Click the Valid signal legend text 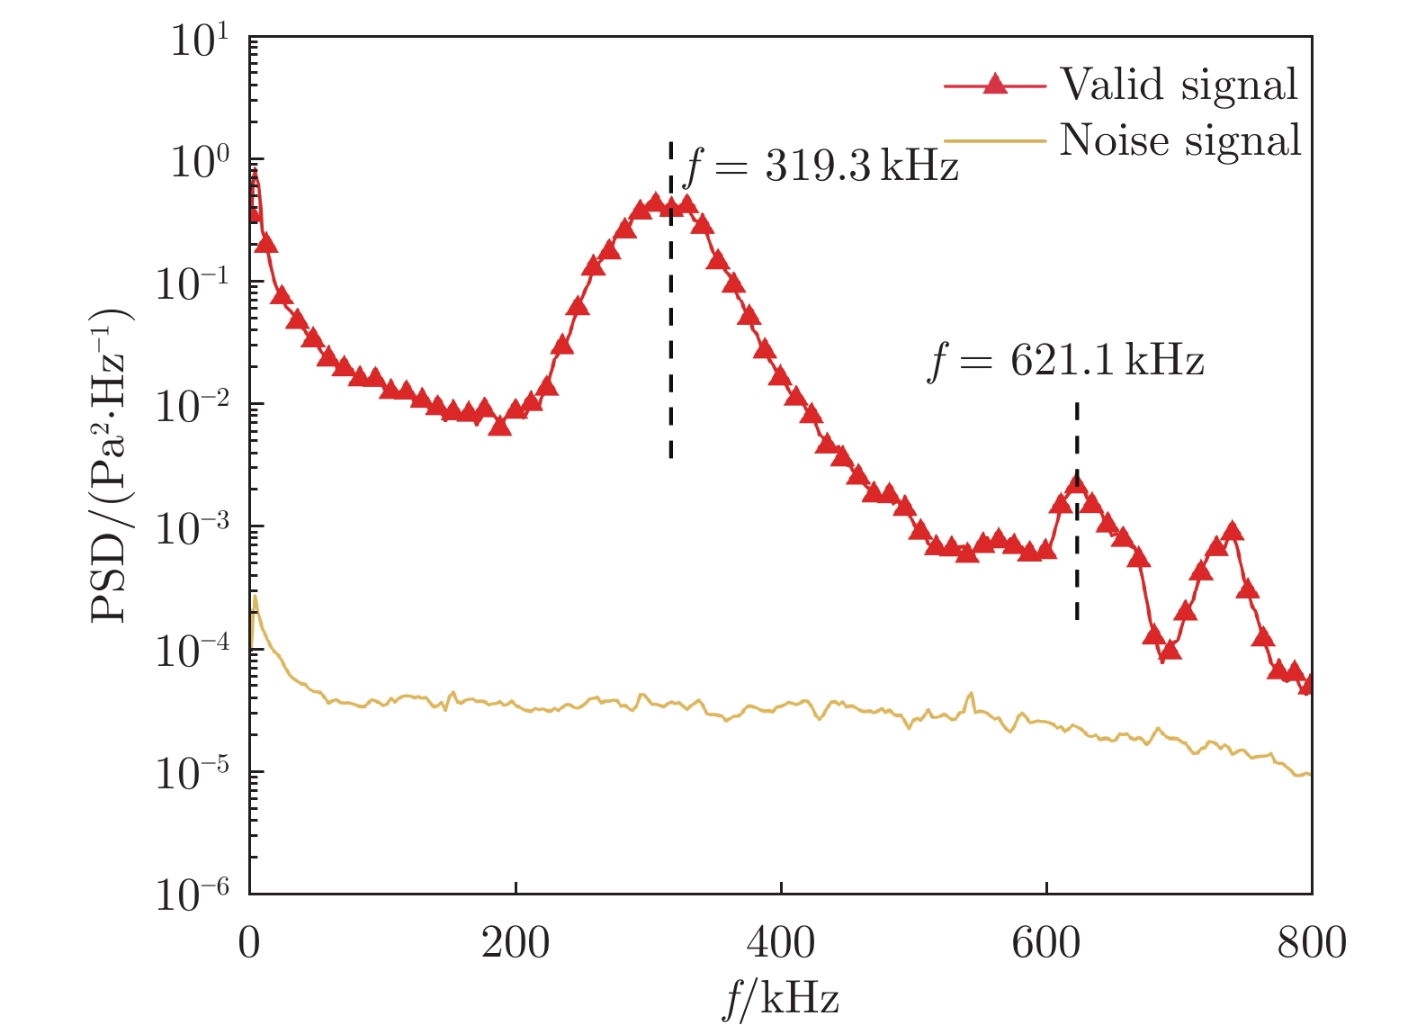[x=1179, y=85]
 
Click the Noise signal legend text [x=1180, y=141]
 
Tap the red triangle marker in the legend [x=994, y=85]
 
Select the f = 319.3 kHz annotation [x=821, y=166]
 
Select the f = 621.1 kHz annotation [x=1065, y=361]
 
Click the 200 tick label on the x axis [x=515, y=943]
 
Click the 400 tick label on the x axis [x=780, y=943]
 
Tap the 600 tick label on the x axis [x=1045, y=943]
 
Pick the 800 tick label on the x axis [x=1311, y=943]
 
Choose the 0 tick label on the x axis [x=249, y=943]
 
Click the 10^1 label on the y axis [x=200, y=40]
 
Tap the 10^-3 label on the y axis [x=192, y=528]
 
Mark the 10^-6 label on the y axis [x=192, y=894]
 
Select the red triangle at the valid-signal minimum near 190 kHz [x=500, y=426]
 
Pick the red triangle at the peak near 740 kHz [x=1233, y=531]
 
